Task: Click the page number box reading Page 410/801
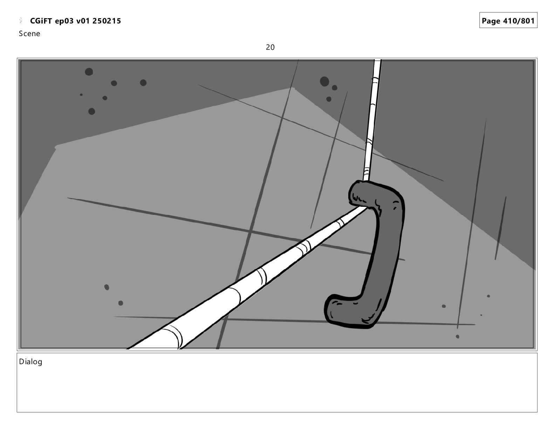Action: coord(508,20)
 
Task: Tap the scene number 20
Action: coord(270,47)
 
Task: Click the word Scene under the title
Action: coord(29,34)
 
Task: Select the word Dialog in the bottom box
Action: coord(30,362)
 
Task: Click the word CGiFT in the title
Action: coord(41,21)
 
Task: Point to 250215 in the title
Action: coord(107,21)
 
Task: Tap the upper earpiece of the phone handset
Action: coord(368,194)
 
